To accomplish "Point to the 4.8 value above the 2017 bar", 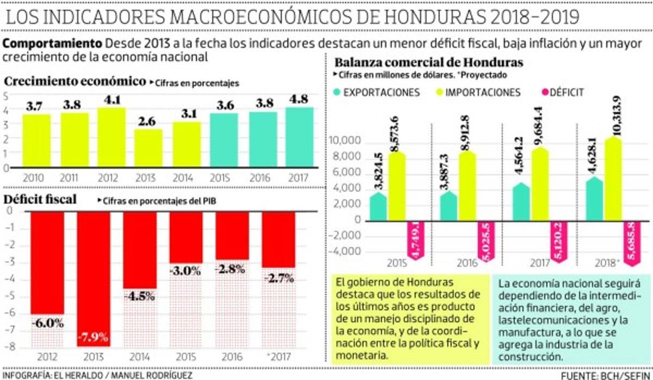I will (x=298, y=100).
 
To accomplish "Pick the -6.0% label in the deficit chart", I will (x=47, y=322).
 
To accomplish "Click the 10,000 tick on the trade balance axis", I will (x=346, y=141).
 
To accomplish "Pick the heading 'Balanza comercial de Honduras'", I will (x=429, y=62).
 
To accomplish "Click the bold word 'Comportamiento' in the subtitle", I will (x=53, y=43).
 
